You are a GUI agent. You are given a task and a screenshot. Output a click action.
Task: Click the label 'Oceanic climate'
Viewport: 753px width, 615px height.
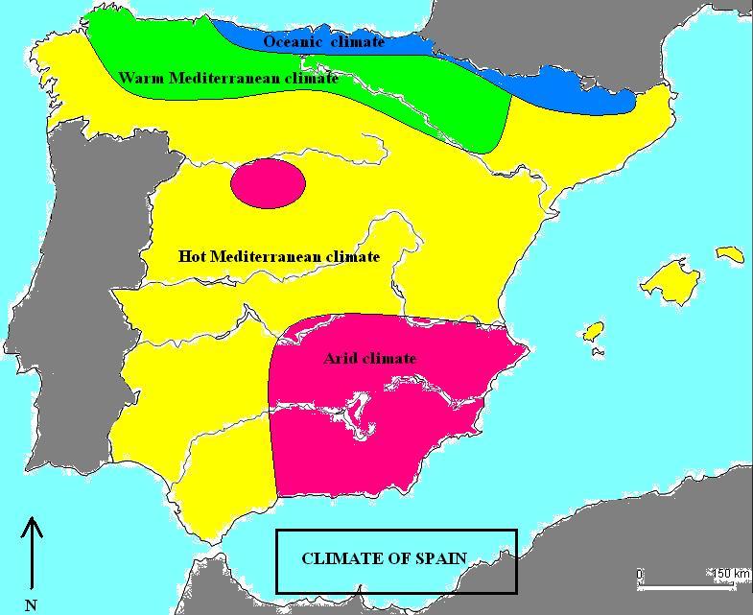(323, 42)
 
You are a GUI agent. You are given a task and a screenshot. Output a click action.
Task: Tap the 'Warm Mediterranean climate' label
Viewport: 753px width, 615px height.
(228, 79)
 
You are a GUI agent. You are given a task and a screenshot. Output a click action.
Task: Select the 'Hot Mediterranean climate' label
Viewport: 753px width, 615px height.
(279, 257)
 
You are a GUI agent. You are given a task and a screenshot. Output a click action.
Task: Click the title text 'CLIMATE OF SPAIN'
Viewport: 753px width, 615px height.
(384, 559)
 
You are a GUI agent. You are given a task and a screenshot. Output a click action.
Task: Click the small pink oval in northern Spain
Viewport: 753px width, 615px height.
(268, 182)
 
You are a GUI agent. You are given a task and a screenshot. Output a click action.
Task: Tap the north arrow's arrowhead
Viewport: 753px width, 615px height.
(33, 525)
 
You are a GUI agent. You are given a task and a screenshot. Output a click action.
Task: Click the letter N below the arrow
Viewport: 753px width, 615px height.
(32, 604)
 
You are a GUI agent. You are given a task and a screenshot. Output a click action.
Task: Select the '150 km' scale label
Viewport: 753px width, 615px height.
(730, 574)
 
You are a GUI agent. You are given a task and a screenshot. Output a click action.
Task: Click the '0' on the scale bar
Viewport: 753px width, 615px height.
(640, 575)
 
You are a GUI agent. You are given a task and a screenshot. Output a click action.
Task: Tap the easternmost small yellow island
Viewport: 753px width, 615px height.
(731, 254)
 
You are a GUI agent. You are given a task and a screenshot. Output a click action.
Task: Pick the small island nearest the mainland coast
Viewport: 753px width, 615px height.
(594, 331)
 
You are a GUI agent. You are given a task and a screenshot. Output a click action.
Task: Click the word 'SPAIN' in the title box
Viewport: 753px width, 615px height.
(442, 559)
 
